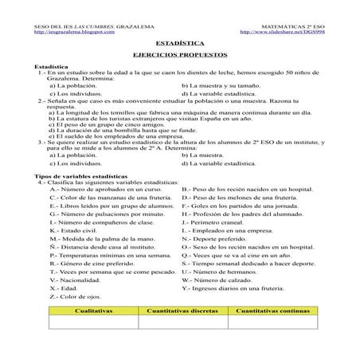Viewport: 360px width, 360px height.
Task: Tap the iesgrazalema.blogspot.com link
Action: click(69, 33)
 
